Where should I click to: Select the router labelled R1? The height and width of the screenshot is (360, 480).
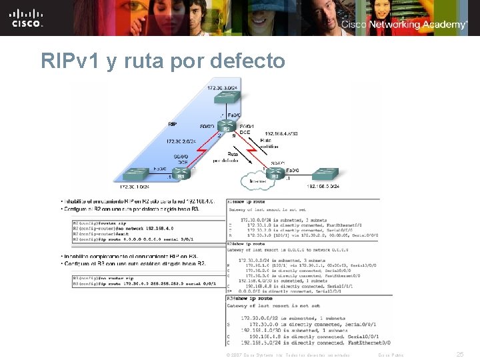180,174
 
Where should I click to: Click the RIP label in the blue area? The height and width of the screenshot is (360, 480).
173,123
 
